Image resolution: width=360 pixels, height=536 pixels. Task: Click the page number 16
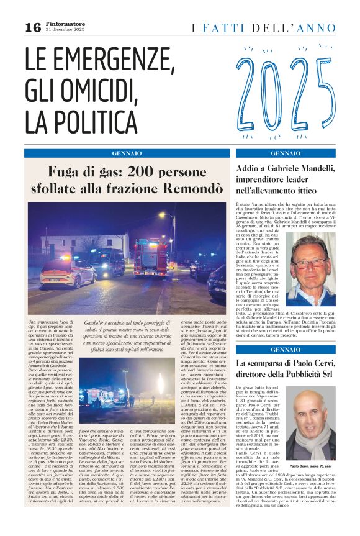[32, 27]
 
